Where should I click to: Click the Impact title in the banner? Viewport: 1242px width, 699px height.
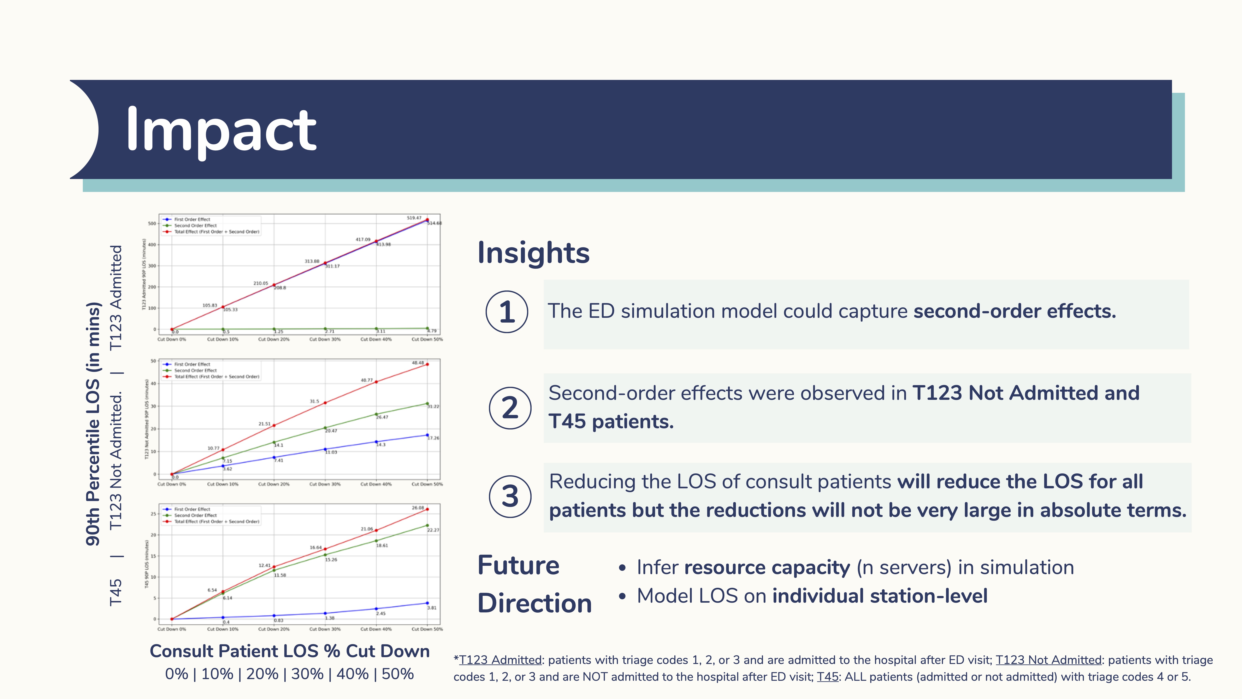(x=221, y=130)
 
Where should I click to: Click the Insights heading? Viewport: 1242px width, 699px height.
(x=533, y=253)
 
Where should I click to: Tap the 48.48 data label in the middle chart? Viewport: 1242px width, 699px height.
(x=418, y=363)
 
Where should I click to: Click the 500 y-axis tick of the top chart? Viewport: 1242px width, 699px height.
(x=152, y=224)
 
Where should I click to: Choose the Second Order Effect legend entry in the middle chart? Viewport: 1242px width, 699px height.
(x=195, y=370)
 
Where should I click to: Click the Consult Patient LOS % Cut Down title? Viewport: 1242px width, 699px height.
(x=289, y=651)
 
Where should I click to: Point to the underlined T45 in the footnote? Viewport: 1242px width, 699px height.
(x=827, y=677)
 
